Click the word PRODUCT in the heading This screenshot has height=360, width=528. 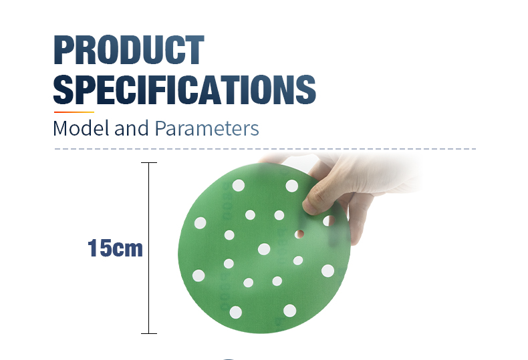tap(128, 50)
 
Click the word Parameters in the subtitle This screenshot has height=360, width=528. tap(207, 128)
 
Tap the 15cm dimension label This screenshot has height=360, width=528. tap(115, 248)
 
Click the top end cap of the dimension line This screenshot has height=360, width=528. tap(148, 162)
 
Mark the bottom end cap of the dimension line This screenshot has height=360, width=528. tap(148, 333)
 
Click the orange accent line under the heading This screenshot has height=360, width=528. tap(74, 112)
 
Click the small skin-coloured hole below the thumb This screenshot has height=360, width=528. tap(301, 234)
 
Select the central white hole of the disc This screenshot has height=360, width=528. tap(264, 249)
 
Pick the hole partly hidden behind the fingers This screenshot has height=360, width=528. tap(327, 220)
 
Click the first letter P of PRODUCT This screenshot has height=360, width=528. tap(65, 50)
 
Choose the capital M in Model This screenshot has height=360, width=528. tap(61, 128)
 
